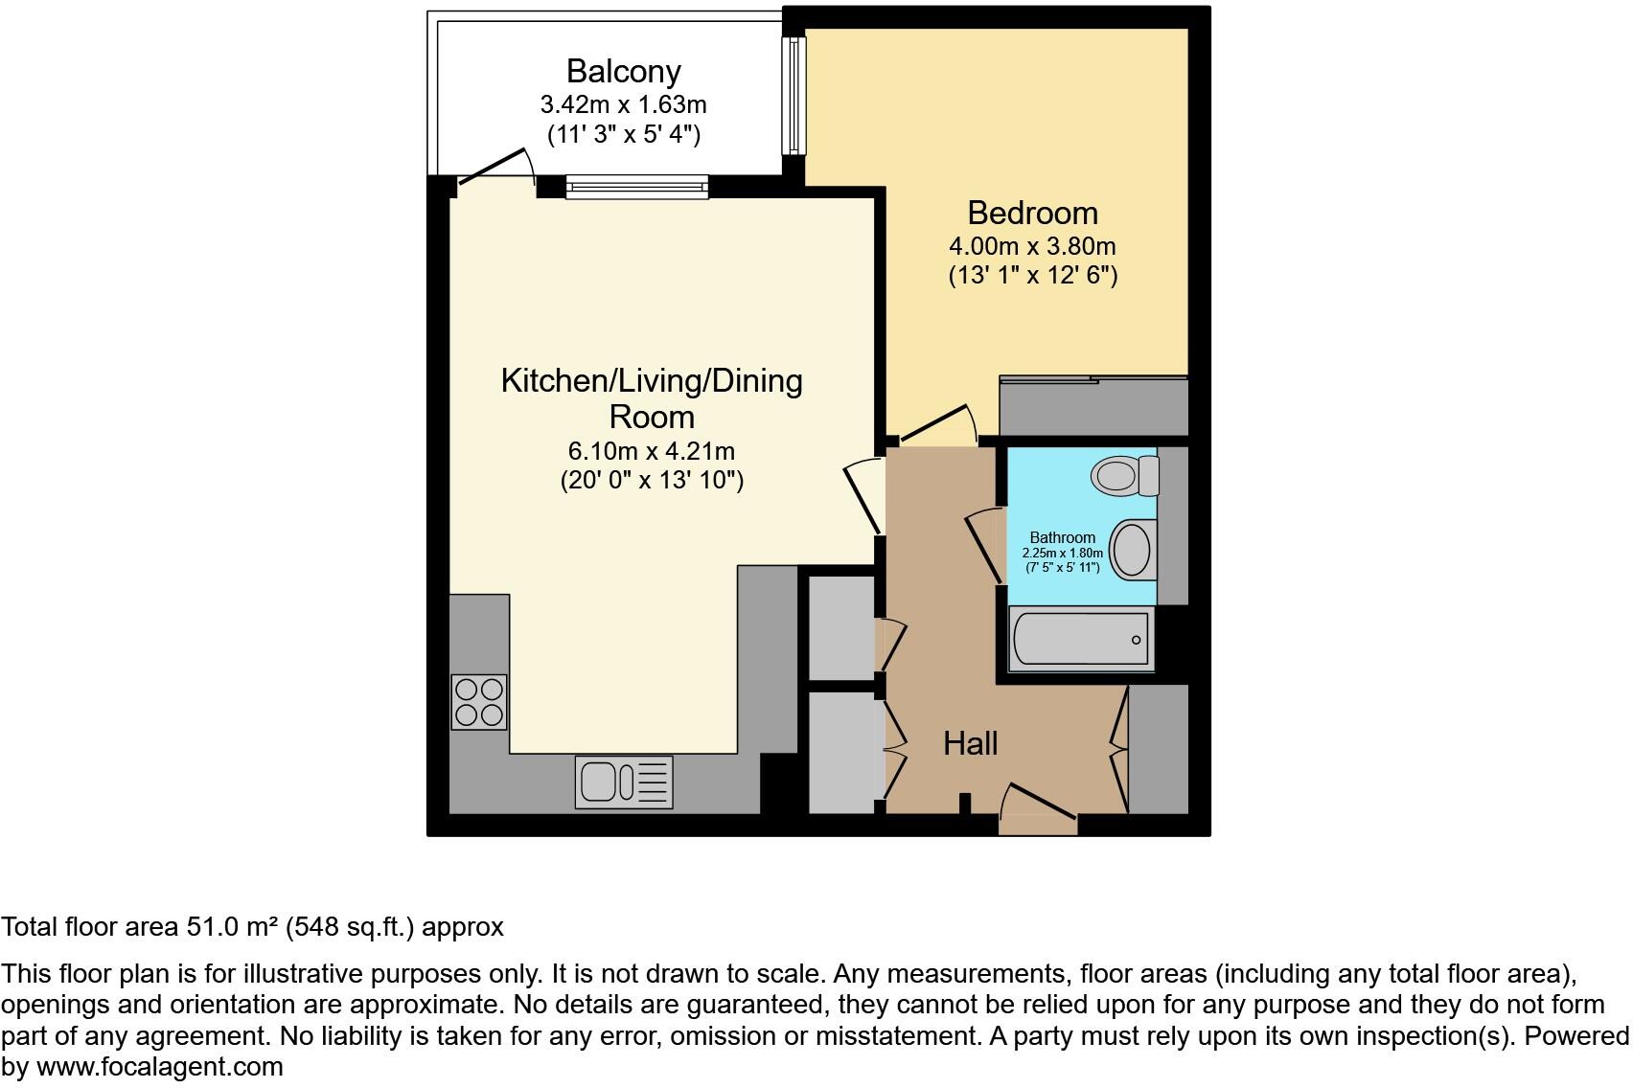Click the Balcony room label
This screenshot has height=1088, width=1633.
click(x=623, y=71)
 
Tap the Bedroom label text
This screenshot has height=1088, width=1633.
click(x=1032, y=213)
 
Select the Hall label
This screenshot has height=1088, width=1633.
click(x=970, y=743)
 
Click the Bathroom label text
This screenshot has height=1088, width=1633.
click(x=1062, y=537)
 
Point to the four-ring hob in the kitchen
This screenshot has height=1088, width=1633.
click(x=478, y=702)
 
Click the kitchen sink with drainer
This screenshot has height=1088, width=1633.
click(x=624, y=781)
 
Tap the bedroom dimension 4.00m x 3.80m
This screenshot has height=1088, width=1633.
click(x=1032, y=246)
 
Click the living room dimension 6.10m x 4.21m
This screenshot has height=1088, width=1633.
click(x=652, y=450)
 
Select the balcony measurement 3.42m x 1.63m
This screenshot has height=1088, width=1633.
click(x=623, y=103)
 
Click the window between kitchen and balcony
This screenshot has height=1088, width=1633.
click(x=636, y=187)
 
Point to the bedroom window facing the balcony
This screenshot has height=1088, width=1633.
click(x=793, y=95)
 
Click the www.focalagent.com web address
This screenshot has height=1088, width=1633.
click(x=159, y=1067)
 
